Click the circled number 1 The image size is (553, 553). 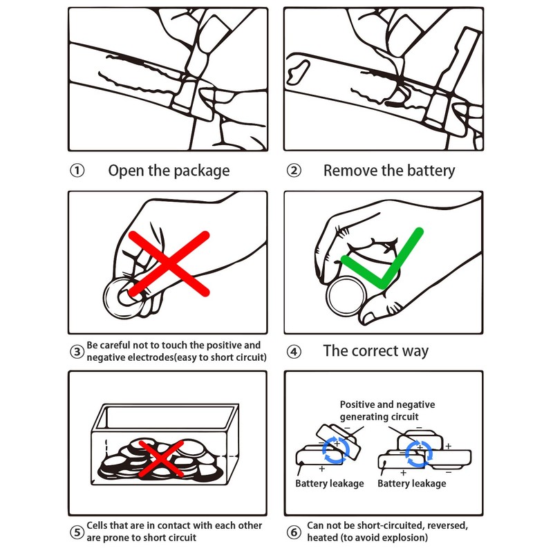coord(77,171)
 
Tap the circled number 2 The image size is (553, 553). coord(294,171)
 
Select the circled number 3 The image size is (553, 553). coord(77,352)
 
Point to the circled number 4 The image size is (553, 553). coord(294,352)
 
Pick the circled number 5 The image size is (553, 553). coord(77,532)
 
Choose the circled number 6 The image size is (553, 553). coord(294,532)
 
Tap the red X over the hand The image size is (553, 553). coord(169,263)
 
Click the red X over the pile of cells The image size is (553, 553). coord(161,458)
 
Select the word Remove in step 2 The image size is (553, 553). coord(350,170)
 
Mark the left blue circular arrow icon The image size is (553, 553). coord(336,450)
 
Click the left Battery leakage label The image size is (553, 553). coord(330,483)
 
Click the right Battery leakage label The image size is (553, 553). coord(411,483)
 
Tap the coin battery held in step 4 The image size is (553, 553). coord(346,297)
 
